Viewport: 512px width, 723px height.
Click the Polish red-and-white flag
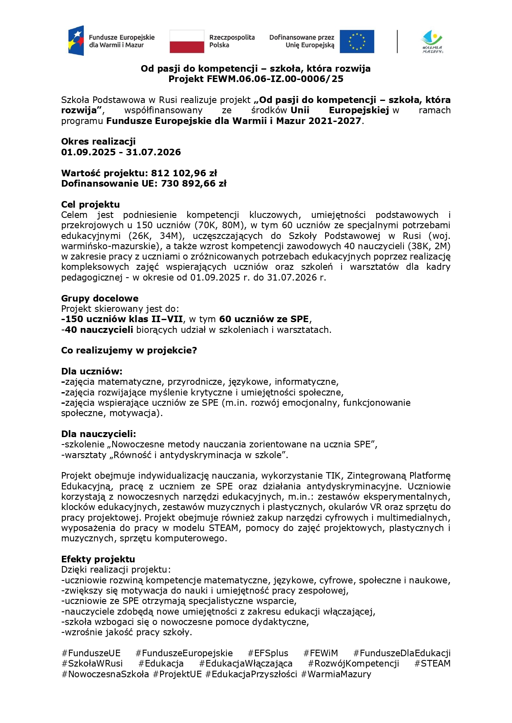(186, 42)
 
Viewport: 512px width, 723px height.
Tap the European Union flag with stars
(357, 42)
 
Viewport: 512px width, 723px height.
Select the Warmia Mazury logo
(432, 42)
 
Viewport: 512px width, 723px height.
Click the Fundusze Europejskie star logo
(77, 41)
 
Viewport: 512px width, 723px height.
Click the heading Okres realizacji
(98, 142)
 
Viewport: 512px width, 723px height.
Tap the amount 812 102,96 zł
(184, 173)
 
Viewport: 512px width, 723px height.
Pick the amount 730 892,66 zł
(193, 184)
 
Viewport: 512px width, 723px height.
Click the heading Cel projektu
(90, 205)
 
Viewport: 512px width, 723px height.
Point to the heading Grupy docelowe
(100, 299)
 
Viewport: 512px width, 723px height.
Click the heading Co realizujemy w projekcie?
(129, 351)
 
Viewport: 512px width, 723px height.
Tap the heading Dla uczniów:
(92, 372)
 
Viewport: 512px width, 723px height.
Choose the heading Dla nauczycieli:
(99, 434)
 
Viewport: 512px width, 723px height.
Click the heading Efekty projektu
(98, 559)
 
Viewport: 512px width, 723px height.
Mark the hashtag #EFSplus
(268, 653)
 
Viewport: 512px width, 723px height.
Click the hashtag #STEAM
(432, 664)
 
